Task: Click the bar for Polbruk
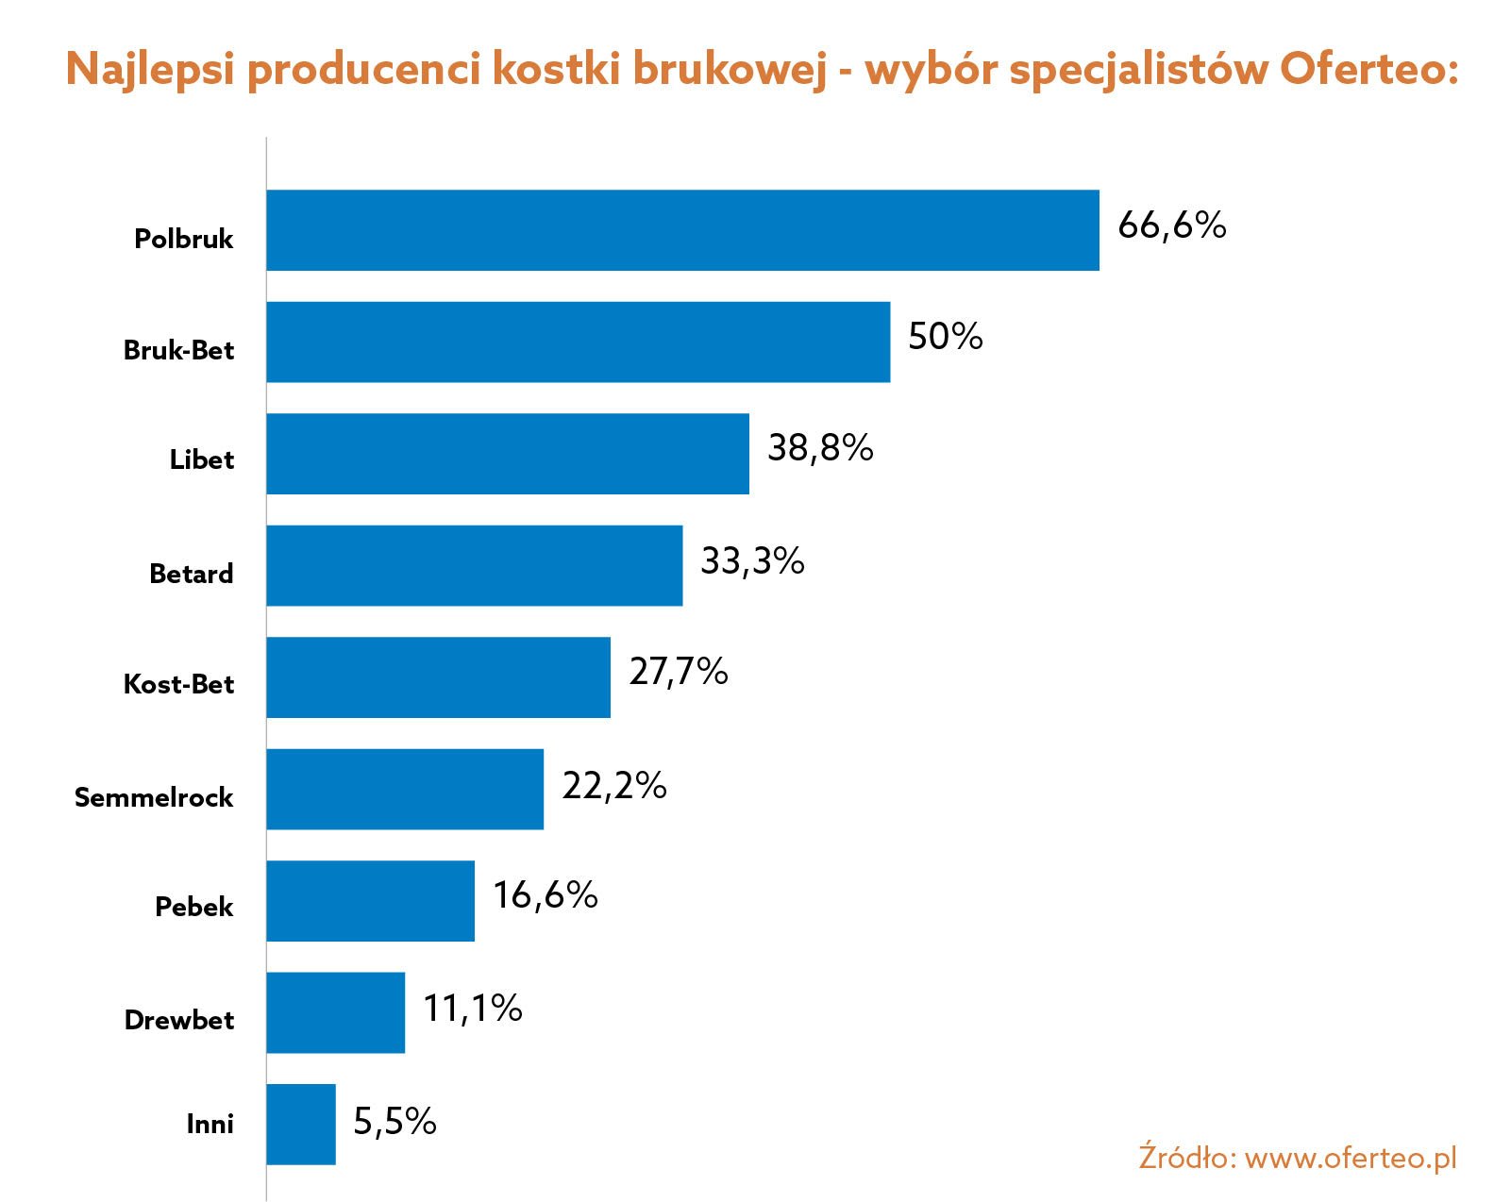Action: [682, 230]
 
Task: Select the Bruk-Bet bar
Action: [578, 342]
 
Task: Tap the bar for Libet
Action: [508, 453]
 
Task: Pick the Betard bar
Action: [474, 565]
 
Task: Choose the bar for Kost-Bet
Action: [438, 676]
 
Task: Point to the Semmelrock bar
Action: [405, 789]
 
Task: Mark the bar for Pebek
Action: [370, 900]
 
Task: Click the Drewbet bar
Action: [335, 1012]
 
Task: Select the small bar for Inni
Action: [301, 1124]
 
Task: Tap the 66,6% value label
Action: [1171, 225]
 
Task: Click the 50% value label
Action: [945, 337]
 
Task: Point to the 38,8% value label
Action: [820, 448]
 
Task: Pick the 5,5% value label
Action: [395, 1121]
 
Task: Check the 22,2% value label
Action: [613, 786]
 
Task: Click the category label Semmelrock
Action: [154, 797]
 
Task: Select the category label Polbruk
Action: [183, 239]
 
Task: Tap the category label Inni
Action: [210, 1124]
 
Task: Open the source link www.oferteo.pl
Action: [1351, 1158]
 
